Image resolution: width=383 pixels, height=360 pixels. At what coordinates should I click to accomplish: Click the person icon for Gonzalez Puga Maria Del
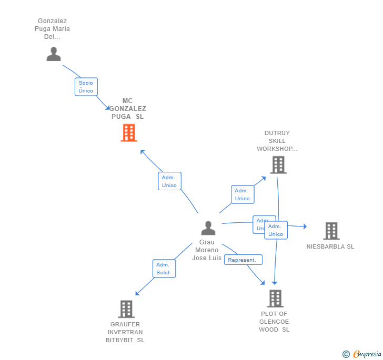click(54, 54)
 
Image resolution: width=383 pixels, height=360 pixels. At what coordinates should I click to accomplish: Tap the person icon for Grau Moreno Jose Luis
click(208, 228)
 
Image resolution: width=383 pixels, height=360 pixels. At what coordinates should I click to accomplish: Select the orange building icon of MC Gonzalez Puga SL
click(128, 133)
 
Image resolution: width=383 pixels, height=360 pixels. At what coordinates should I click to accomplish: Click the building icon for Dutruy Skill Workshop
click(278, 164)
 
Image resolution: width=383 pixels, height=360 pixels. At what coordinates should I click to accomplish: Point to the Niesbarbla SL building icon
click(331, 230)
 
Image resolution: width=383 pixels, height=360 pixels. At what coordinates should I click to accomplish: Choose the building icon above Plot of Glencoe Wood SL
click(275, 299)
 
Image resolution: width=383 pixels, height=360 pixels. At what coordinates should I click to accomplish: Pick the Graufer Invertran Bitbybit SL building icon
click(126, 309)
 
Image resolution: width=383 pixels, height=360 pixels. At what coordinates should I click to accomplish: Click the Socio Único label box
click(86, 87)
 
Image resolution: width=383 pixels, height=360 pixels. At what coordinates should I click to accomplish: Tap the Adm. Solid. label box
click(164, 269)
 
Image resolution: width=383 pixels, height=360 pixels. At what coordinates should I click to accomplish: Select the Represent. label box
click(243, 260)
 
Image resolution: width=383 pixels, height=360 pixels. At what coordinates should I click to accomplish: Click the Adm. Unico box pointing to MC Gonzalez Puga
click(169, 181)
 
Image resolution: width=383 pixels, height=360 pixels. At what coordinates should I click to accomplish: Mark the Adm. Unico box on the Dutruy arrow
click(242, 194)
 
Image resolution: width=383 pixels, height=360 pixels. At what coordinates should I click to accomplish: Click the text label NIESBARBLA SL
click(330, 246)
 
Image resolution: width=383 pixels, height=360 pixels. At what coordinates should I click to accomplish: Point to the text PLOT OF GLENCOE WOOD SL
click(275, 322)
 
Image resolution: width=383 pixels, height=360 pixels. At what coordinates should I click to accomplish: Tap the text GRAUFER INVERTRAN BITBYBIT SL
click(125, 332)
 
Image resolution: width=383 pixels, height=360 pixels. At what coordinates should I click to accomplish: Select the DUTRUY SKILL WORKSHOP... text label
click(277, 141)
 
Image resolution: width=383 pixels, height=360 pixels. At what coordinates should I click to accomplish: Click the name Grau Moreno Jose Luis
click(207, 250)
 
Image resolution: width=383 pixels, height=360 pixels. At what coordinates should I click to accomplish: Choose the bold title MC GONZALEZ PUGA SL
click(127, 109)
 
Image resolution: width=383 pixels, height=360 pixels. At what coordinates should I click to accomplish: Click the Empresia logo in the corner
click(362, 354)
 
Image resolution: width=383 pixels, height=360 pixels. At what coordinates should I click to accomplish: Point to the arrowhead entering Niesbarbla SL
click(304, 227)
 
